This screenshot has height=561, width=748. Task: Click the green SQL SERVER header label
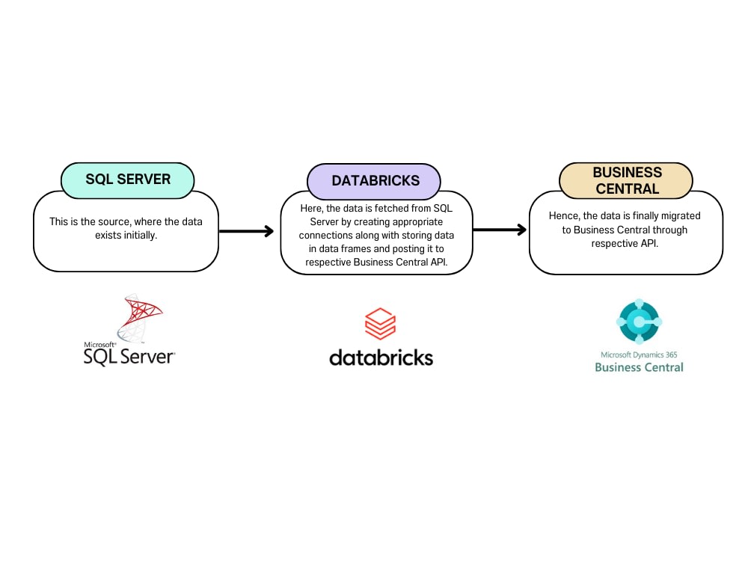[x=127, y=180]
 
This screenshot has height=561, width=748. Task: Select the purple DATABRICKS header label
[x=375, y=181]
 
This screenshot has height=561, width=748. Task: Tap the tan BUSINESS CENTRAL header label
[x=627, y=181]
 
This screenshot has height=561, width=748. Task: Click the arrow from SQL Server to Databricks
[x=246, y=231]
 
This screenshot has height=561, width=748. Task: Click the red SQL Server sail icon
[x=138, y=318]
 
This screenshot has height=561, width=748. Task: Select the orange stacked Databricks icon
[x=380, y=325]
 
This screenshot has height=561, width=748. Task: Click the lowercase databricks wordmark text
[x=381, y=357]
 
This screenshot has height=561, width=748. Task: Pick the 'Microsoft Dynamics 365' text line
[x=638, y=355]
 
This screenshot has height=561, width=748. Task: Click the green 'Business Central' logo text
[x=639, y=367]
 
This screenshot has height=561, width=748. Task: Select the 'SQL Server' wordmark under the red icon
[x=129, y=356]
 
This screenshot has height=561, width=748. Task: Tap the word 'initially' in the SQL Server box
[x=138, y=235]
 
